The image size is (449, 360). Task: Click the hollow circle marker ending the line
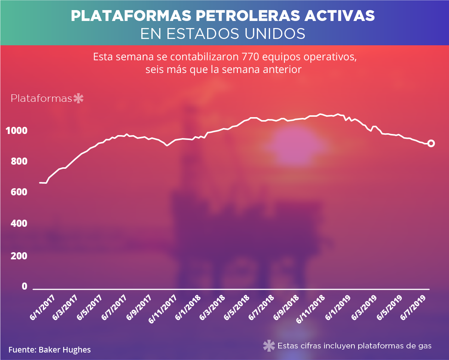[431, 143]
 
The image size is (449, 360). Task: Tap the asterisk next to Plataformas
[79, 99]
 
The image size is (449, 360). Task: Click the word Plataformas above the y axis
[41, 99]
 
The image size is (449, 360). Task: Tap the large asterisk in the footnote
[269, 346]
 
